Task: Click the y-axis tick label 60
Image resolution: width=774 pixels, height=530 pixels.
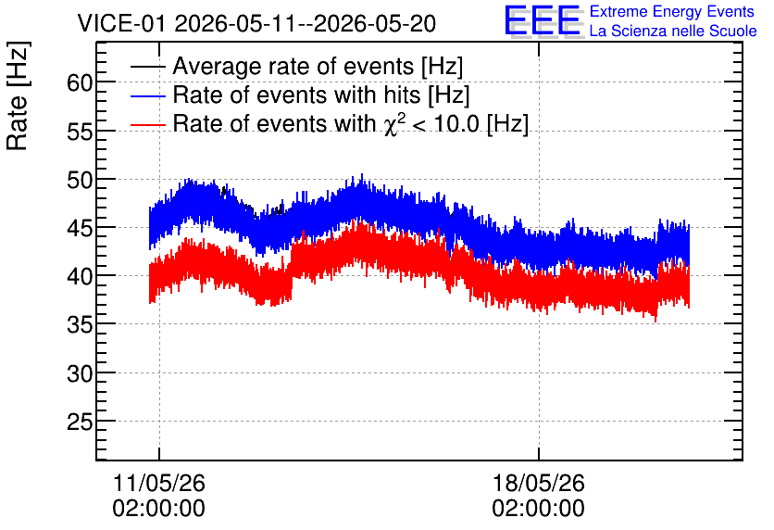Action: [x=80, y=83]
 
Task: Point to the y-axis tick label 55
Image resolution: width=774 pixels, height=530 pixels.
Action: [x=80, y=132]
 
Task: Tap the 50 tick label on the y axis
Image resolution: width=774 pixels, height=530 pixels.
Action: [x=80, y=180]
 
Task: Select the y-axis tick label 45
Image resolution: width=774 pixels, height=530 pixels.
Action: [x=80, y=228]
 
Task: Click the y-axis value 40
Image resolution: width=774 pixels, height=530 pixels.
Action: [x=80, y=277]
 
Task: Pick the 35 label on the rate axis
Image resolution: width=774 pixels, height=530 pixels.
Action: [x=80, y=325]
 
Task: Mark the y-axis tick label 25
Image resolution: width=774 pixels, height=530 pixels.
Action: [x=80, y=423]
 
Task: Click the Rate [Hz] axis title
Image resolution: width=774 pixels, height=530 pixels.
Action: [x=19, y=95]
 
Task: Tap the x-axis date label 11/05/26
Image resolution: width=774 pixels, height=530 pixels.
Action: [x=159, y=483]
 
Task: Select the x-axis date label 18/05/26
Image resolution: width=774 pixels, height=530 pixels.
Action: [x=539, y=483]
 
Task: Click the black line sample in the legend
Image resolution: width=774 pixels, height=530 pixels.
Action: [x=147, y=66]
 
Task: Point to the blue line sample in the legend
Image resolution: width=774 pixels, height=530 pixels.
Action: [x=147, y=95]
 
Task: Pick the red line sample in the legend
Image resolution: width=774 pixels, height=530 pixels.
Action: [x=147, y=124]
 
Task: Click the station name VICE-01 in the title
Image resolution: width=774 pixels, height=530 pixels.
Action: [x=122, y=24]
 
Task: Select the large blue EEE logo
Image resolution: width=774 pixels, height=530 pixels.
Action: [x=543, y=20]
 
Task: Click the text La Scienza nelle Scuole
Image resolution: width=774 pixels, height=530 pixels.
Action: [x=673, y=32]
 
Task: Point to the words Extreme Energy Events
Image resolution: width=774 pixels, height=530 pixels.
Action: [x=672, y=11]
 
